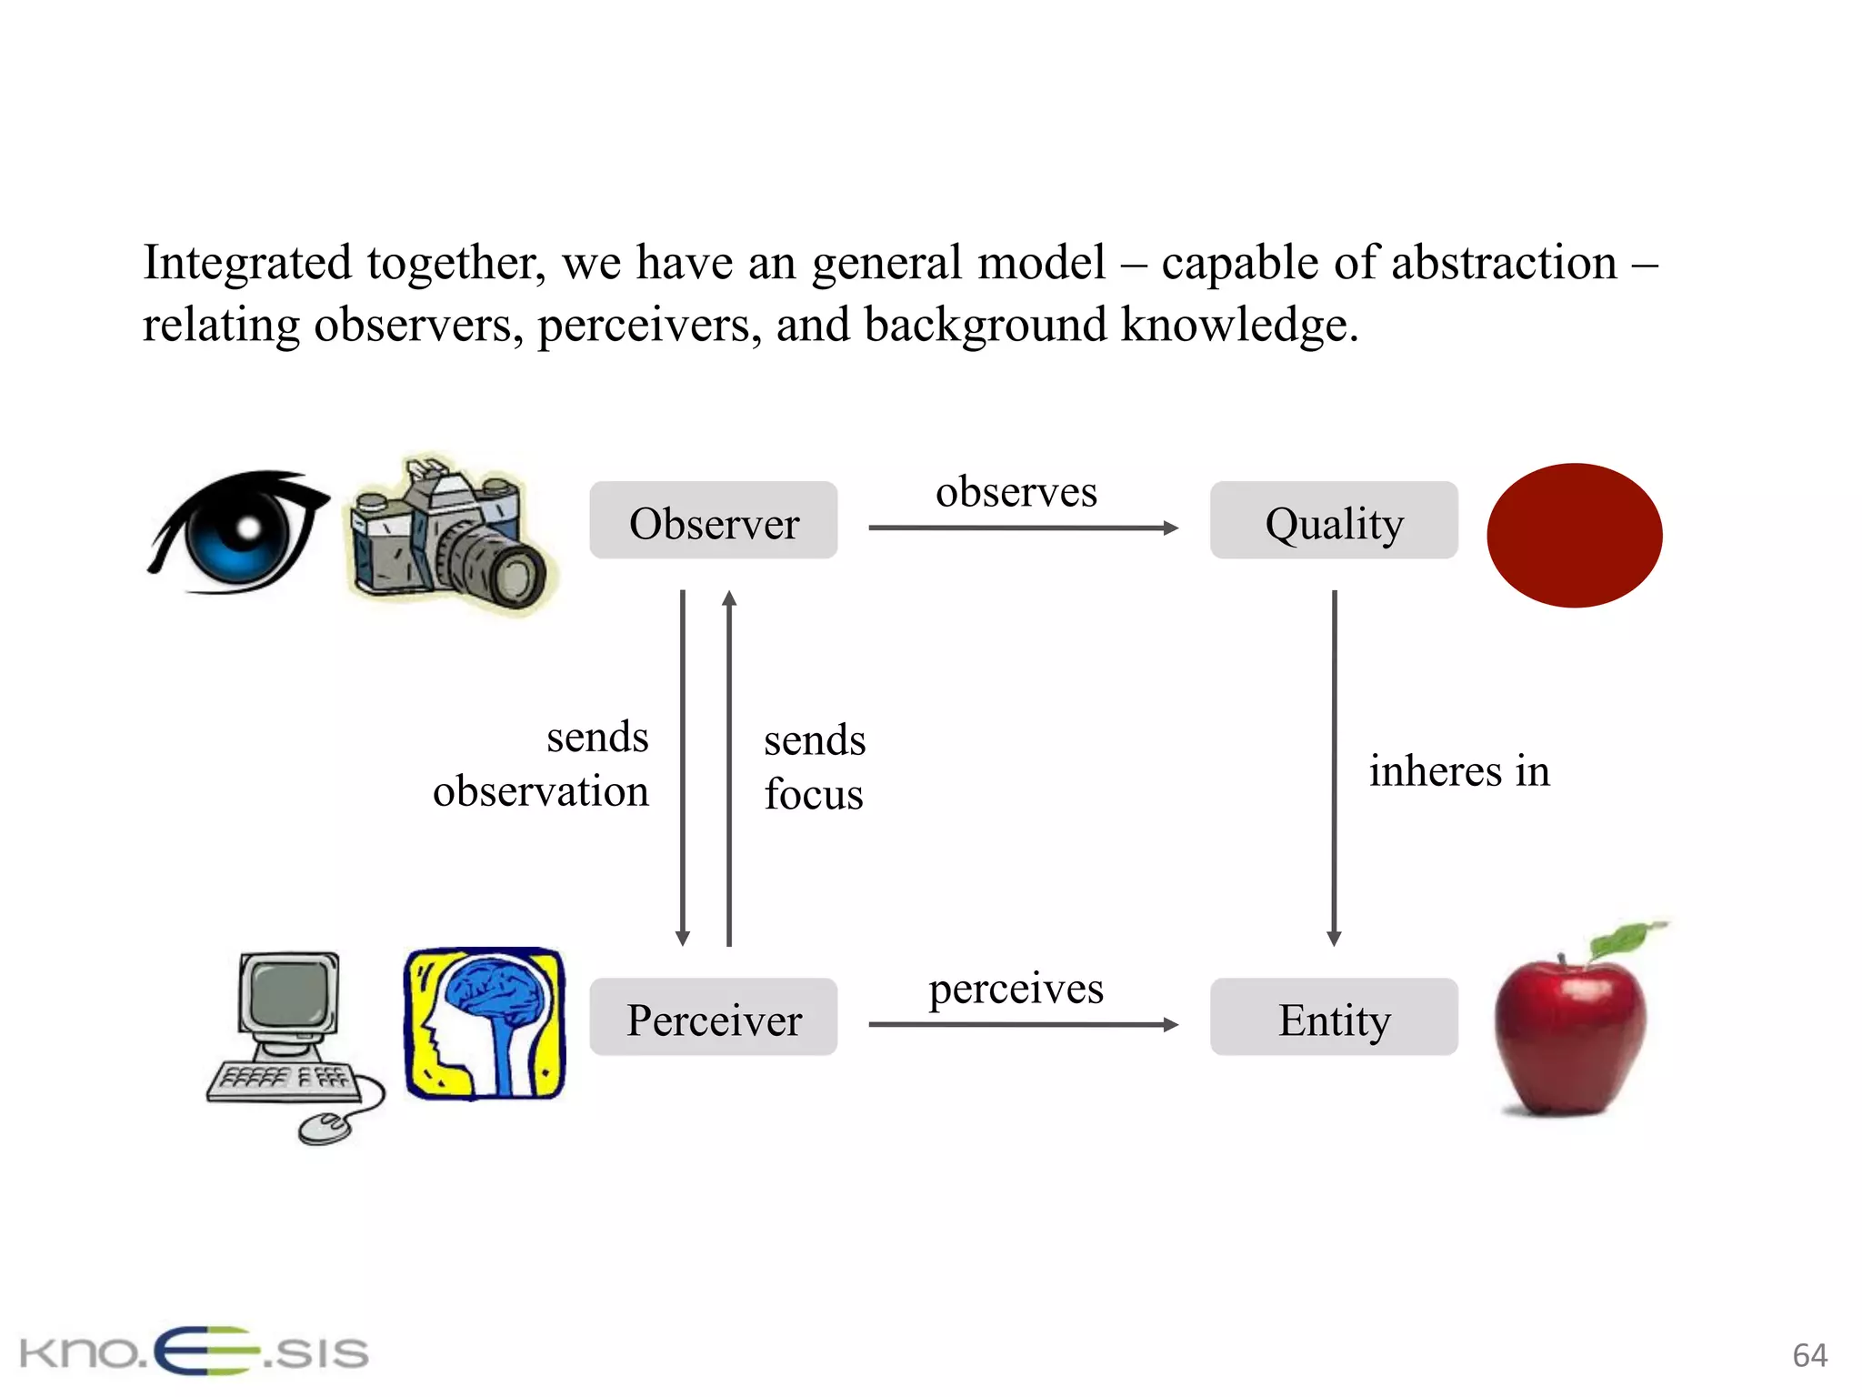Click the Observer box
pos(714,521)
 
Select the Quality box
pos(1334,521)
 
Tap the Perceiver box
pos(714,1018)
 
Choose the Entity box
pos(1334,1018)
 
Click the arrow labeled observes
pos(1023,528)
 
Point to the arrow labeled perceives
pos(1023,1025)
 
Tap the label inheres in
pos(1459,771)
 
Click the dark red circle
pos(1574,535)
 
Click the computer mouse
pos(325,1127)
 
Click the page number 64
pos(1809,1355)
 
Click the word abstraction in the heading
pos(1504,264)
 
